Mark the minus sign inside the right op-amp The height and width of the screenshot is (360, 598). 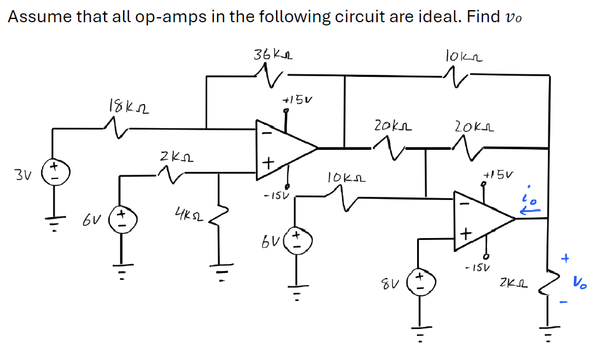click(x=464, y=204)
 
